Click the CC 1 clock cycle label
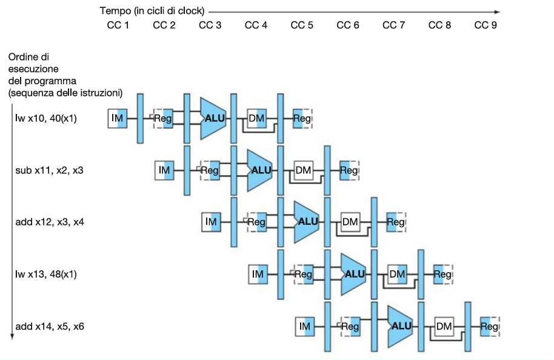point(118,25)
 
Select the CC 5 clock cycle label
point(302,25)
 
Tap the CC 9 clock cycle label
point(486,25)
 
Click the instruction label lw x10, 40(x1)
point(46,118)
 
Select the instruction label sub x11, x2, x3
point(49,170)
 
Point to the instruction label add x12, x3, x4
point(50,222)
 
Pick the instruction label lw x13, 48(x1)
point(46,274)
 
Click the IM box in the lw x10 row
point(118,118)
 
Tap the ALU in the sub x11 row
point(259,170)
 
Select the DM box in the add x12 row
point(350,222)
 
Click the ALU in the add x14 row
point(400,326)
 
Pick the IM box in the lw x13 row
point(258,274)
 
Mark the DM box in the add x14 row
point(444,326)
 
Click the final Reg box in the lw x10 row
point(301,118)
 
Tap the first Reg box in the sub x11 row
point(210,170)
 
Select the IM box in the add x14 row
point(304,326)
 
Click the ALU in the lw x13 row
point(353,274)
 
